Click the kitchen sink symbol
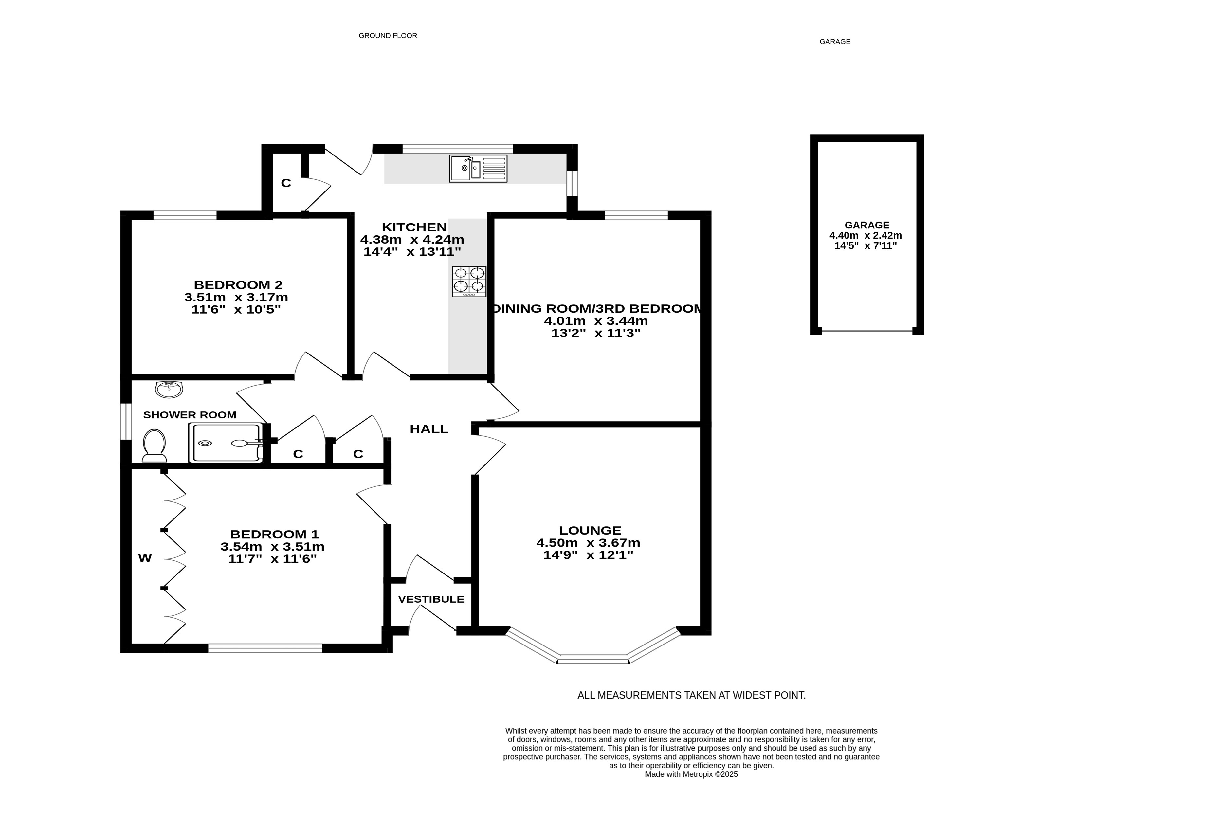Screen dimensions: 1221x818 (x=478, y=169)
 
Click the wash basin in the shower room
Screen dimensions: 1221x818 (x=169, y=389)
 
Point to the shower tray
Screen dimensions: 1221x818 (x=226, y=443)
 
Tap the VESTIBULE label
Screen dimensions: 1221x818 (x=431, y=599)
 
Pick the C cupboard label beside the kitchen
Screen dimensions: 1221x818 (x=286, y=183)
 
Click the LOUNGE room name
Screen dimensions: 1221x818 (x=590, y=531)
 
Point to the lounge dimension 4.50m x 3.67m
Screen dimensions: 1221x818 (x=588, y=543)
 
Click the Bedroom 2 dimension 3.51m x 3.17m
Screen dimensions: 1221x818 (x=236, y=297)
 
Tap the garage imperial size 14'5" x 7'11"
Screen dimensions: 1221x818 (x=866, y=246)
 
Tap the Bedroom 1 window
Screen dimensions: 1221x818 (x=265, y=648)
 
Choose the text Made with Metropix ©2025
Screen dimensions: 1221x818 (x=691, y=775)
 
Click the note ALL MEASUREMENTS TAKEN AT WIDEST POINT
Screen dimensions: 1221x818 (x=692, y=695)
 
